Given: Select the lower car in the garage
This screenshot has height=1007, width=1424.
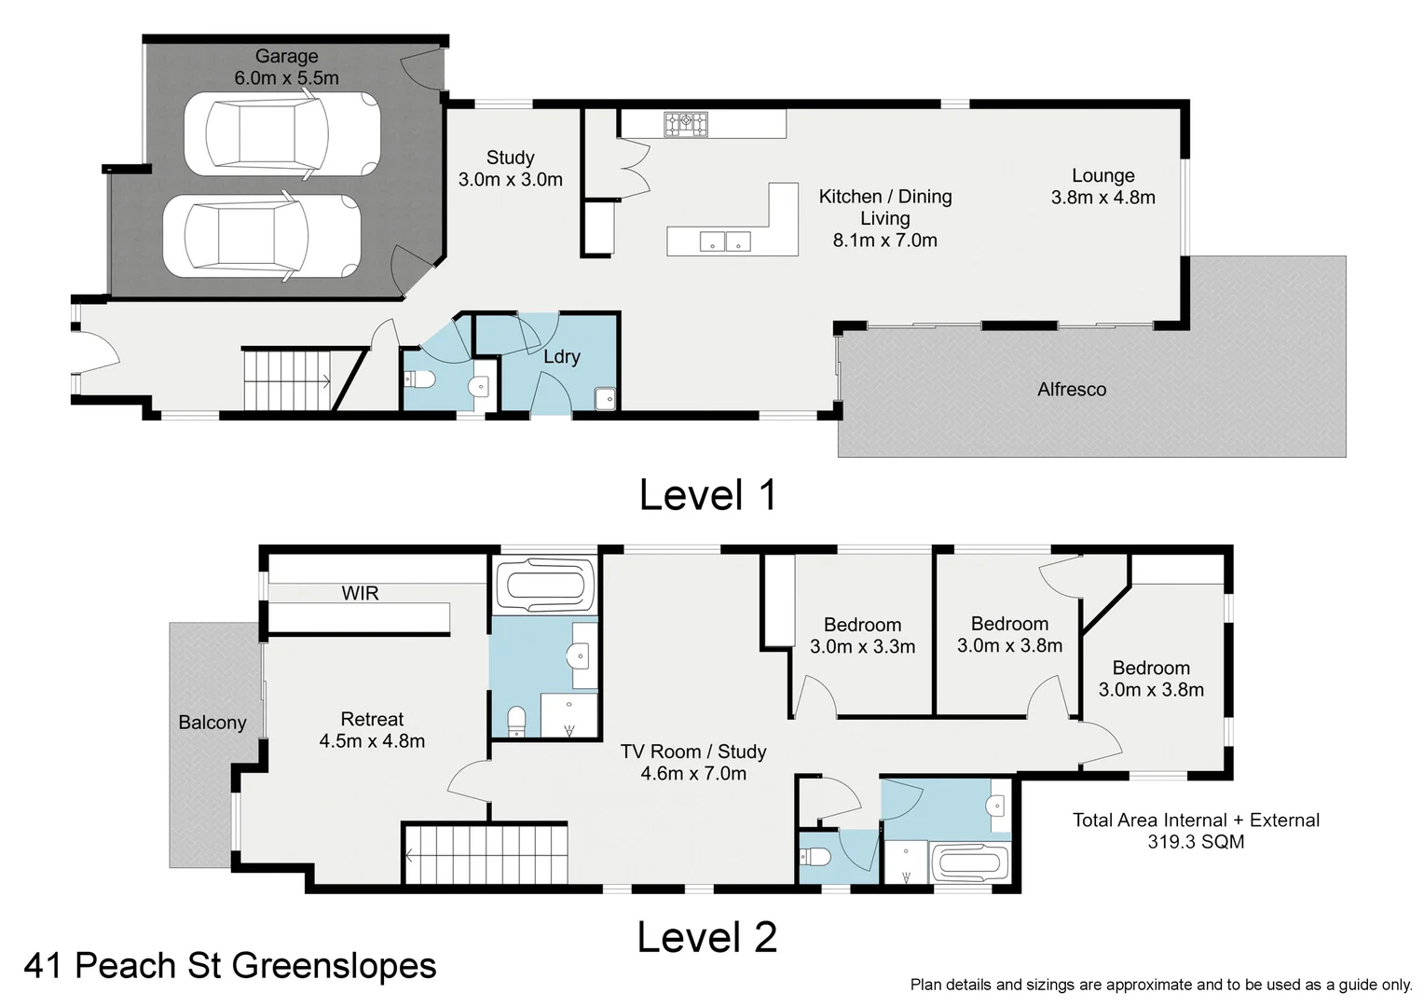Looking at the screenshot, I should tap(262, 236).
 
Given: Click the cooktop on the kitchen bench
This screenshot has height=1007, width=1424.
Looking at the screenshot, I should tap(686, 124).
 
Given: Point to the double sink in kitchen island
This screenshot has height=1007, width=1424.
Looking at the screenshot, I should tap(725, 241).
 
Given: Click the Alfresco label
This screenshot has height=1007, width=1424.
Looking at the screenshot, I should tap(1072, 390).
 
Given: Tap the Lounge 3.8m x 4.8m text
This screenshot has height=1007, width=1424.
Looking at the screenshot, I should tap(1102, 186).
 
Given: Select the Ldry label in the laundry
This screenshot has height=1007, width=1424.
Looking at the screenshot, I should tap(562, 356).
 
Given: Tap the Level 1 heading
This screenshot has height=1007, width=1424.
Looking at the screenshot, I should tap(707, 495).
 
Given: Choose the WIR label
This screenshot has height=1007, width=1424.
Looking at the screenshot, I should tap(360, 593).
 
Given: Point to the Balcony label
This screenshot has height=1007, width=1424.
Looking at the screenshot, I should tap(212, 723).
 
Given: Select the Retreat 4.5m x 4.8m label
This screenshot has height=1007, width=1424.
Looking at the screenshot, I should tap(372, 730).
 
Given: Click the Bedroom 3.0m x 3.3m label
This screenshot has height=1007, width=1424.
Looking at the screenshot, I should tap(862, 636).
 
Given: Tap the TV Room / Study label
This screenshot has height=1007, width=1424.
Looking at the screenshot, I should tap(693, 762).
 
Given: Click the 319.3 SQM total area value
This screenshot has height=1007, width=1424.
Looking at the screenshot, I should tap(1196, 842).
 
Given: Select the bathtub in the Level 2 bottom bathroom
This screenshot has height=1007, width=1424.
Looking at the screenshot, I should tap(970, 863).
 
